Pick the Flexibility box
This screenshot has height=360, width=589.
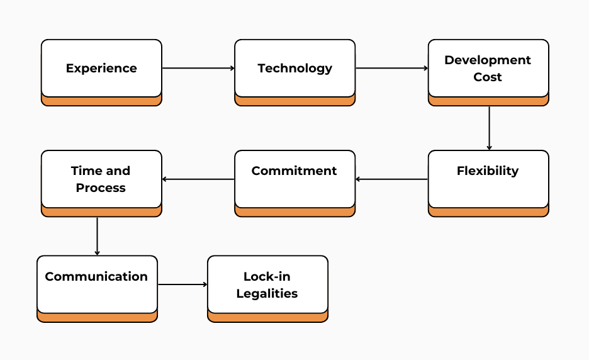(488, 179)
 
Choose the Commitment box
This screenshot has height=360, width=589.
(294, 179)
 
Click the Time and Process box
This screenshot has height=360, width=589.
(101, 179)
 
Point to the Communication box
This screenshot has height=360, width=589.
(97, 284)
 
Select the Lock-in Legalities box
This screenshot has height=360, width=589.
(267, 284)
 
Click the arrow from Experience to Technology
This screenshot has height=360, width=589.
(198, 68)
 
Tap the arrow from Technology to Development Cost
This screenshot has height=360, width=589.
(391, 68)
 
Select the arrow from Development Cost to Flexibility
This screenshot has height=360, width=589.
(489, 128)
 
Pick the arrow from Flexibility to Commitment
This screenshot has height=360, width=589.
(391, 179)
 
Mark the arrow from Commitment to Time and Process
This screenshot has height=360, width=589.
(198, 179)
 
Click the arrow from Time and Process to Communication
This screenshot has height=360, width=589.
(97, 236)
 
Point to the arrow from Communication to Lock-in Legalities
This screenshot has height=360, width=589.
(182, 284)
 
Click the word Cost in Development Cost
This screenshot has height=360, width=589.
(488, 77)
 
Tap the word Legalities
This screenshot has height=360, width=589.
(267, 293)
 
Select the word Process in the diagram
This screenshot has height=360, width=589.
(101, 188)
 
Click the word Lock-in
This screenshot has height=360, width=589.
(267, 276)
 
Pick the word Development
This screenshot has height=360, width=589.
(488, 60)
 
